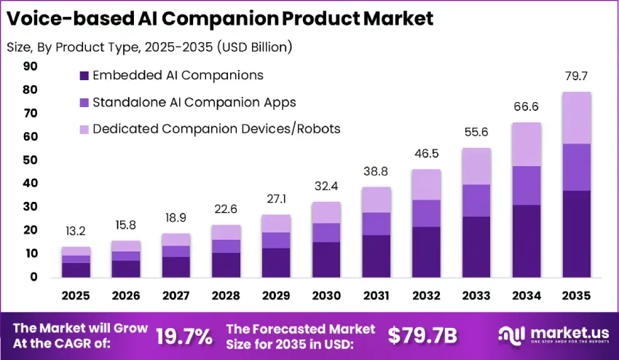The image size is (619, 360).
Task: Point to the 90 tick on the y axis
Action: [31, 66]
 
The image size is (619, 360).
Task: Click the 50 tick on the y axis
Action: [31, 160]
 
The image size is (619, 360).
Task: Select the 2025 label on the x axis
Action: [76, 297]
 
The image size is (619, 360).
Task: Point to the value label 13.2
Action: [76, 232]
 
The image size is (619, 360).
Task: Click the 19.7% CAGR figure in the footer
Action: [184, 335]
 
